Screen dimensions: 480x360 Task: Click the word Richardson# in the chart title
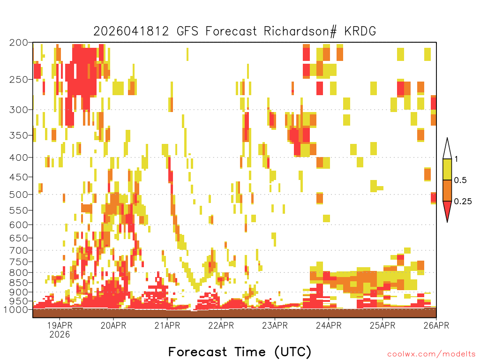pyautogui.click(x=300, y=31)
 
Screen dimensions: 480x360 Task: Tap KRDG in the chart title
pyautogui.click(x=360, y=31)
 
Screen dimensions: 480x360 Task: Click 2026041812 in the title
pyautogui.click(x=131, y=31)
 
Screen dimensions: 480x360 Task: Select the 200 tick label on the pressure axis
pyautogui.click(x=19, y=43)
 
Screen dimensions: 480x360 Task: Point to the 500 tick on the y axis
pyautogui.click(x=19, y=195)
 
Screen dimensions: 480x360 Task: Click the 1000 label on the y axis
pyautogui.click(x=15, y=309)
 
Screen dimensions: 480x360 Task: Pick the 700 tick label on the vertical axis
pyautogui.click(x=19, y=250)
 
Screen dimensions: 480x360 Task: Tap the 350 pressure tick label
pyautogui.click(x=19, y=135)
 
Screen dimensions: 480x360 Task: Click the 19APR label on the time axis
pyautogui.click(x=60, y=325)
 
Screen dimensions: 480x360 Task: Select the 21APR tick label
pyautogui.click(x=167, y=325)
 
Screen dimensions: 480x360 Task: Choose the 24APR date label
pyautogui.click(x=329, y=325)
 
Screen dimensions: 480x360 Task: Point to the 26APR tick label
pyautogui.click(x=436, y=325)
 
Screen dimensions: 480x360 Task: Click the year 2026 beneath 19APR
pyautogui.click(x=60, y=335)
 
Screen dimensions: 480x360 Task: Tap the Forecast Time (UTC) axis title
pyautogui.click(x=240, y=352)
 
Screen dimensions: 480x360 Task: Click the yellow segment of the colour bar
pyautogui.click(x=447, y=169)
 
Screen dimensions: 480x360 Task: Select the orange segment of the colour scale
pyautogui.click(x=447, y=190)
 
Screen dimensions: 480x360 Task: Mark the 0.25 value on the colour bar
pyautogui.click(x=463, y=201)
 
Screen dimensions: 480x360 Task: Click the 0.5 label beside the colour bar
pyautogui.click(x=460, y=180)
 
